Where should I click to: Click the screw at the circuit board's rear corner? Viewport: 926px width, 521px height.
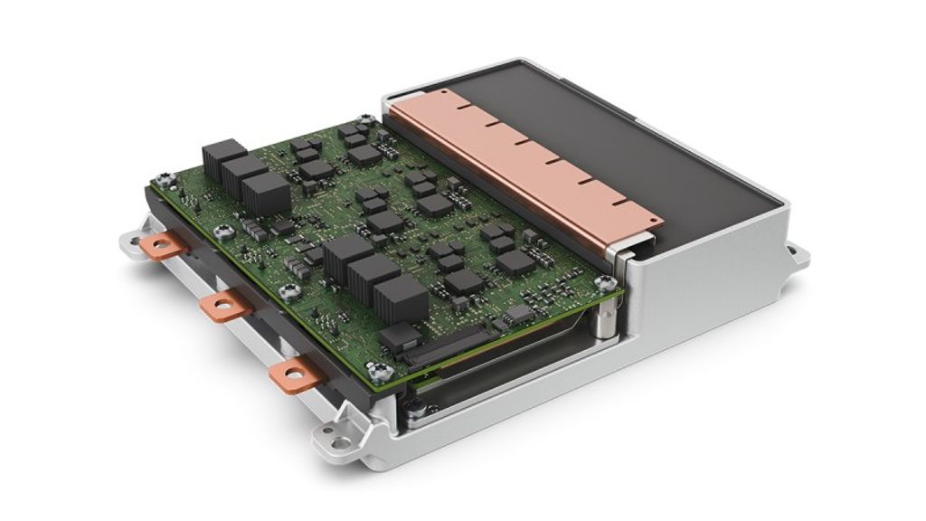point(364,118)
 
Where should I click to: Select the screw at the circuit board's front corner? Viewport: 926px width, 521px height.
point(381,369)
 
